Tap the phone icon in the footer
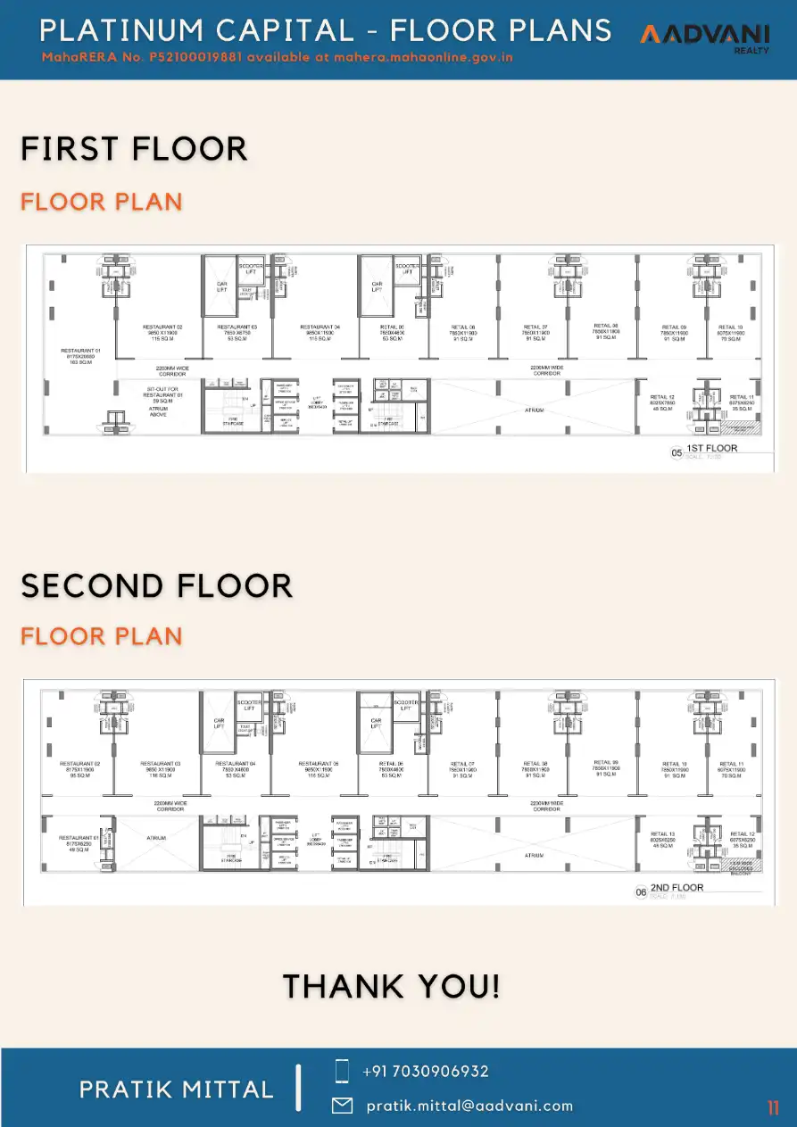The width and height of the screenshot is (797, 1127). pos(342,1071)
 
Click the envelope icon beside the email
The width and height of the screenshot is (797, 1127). pos(342,1106)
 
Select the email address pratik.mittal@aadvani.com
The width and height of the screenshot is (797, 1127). pos(469,1106)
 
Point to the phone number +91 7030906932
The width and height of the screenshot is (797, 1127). pos(426,1071)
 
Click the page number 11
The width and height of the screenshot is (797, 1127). pos(773,1108)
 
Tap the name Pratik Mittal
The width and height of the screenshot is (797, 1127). pos(177,1089)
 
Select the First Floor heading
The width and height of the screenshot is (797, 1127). pos(134,149)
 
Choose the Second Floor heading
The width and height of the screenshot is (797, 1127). pos(157,586)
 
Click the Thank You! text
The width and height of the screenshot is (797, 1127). pos(391,987)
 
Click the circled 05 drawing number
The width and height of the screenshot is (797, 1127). pos(677,453)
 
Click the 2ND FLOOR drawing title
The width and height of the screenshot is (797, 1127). pos(677,888)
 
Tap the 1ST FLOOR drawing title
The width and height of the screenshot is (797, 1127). pos(711,448)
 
